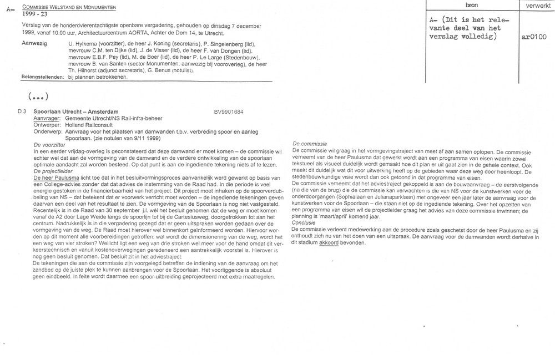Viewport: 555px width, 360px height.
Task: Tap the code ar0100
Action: [x=534, y=38]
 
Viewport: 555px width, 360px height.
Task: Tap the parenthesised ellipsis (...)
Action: [x=37, y=95]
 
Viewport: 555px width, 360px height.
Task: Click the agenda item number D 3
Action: [x=22, y=111]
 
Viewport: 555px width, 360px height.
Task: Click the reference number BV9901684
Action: [x=231, y=111]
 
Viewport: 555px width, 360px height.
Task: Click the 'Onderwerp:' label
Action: [x=48, y=132]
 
